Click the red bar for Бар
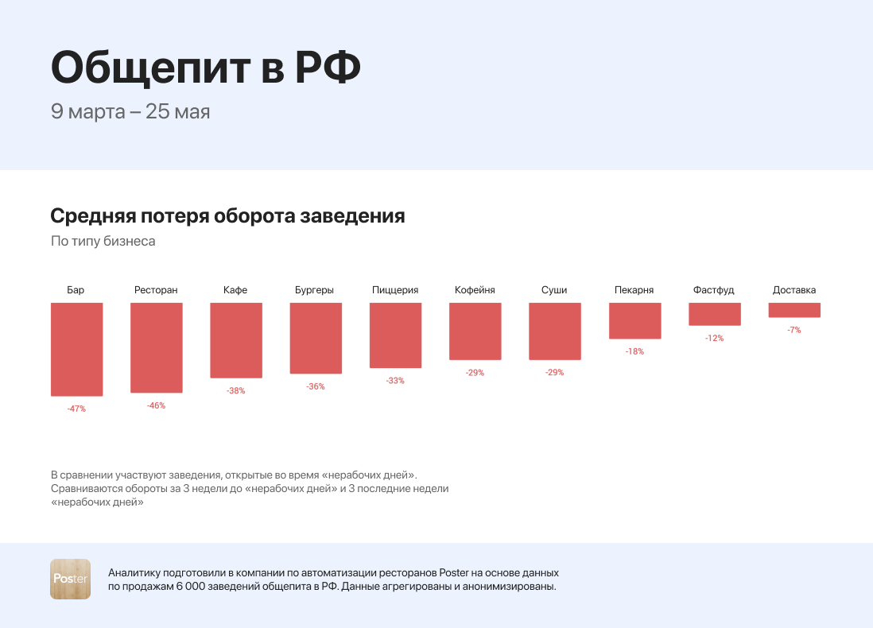[x=77, y=349]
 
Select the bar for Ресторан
[x=157, y=347]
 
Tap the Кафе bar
[x=236, y=340]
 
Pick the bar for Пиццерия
[x=395, y=335]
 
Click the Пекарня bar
[x=634, y=320]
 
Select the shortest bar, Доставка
[x=793, y=310]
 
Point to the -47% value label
[x=76, y=409]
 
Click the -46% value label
[x=156, y=405]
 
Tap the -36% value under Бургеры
[x=316, y=386]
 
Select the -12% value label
[x=714, y=338]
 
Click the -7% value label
[x=793, y=330]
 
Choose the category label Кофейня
[x=475, y=290]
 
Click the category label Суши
[x=554, y=290]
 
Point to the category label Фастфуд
[x=714, y=290]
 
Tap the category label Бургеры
[x=314, y=290]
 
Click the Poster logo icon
[x=71, y=579]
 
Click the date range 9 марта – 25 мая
[x=130, y=111]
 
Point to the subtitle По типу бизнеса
[x=103, y=241]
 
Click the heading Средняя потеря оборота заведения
[x=227, y=216]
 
